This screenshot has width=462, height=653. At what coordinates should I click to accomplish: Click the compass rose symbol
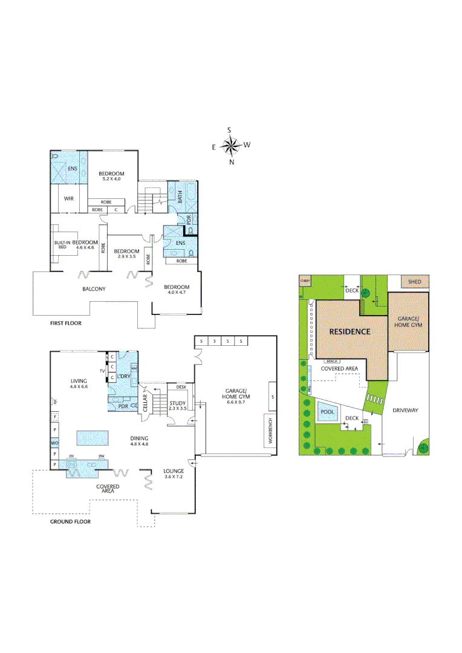coord(230,145)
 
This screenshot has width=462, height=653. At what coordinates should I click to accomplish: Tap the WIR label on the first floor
coord(69,198)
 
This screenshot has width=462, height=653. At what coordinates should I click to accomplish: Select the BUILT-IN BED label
coord(61,244)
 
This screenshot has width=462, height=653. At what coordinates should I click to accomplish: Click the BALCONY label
coord(94,289)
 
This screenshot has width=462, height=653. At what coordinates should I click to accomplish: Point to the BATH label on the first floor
coord(180,197)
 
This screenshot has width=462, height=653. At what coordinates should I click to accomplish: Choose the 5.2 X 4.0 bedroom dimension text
coord(111,179)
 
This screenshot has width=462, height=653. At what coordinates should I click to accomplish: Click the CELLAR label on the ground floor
coord(146,402)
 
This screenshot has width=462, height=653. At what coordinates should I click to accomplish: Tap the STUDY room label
coord(177,403)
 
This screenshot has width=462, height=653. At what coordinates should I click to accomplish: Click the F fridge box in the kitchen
coord(55,417)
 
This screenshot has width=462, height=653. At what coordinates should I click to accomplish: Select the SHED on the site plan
coord(414,282)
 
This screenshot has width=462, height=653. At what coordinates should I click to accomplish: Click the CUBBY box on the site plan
coord(305,281)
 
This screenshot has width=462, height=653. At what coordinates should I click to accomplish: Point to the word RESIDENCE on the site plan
coord(350,332)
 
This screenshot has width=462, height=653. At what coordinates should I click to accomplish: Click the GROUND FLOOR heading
coord(70,521)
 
